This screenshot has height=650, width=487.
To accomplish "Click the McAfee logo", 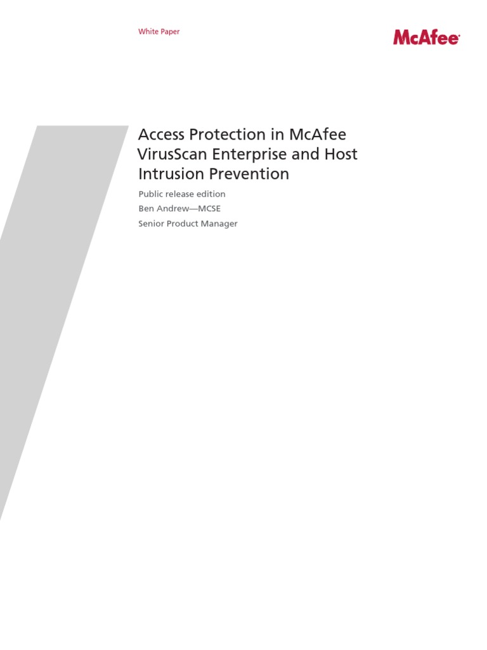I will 426,37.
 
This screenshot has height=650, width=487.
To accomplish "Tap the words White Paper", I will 159,32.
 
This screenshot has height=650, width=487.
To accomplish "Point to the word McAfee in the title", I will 317,135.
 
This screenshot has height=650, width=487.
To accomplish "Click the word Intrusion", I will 167,174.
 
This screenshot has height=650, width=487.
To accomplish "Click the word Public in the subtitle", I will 150,194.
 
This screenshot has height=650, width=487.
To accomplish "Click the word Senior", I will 152,223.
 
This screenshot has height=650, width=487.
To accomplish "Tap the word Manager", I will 221,223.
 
